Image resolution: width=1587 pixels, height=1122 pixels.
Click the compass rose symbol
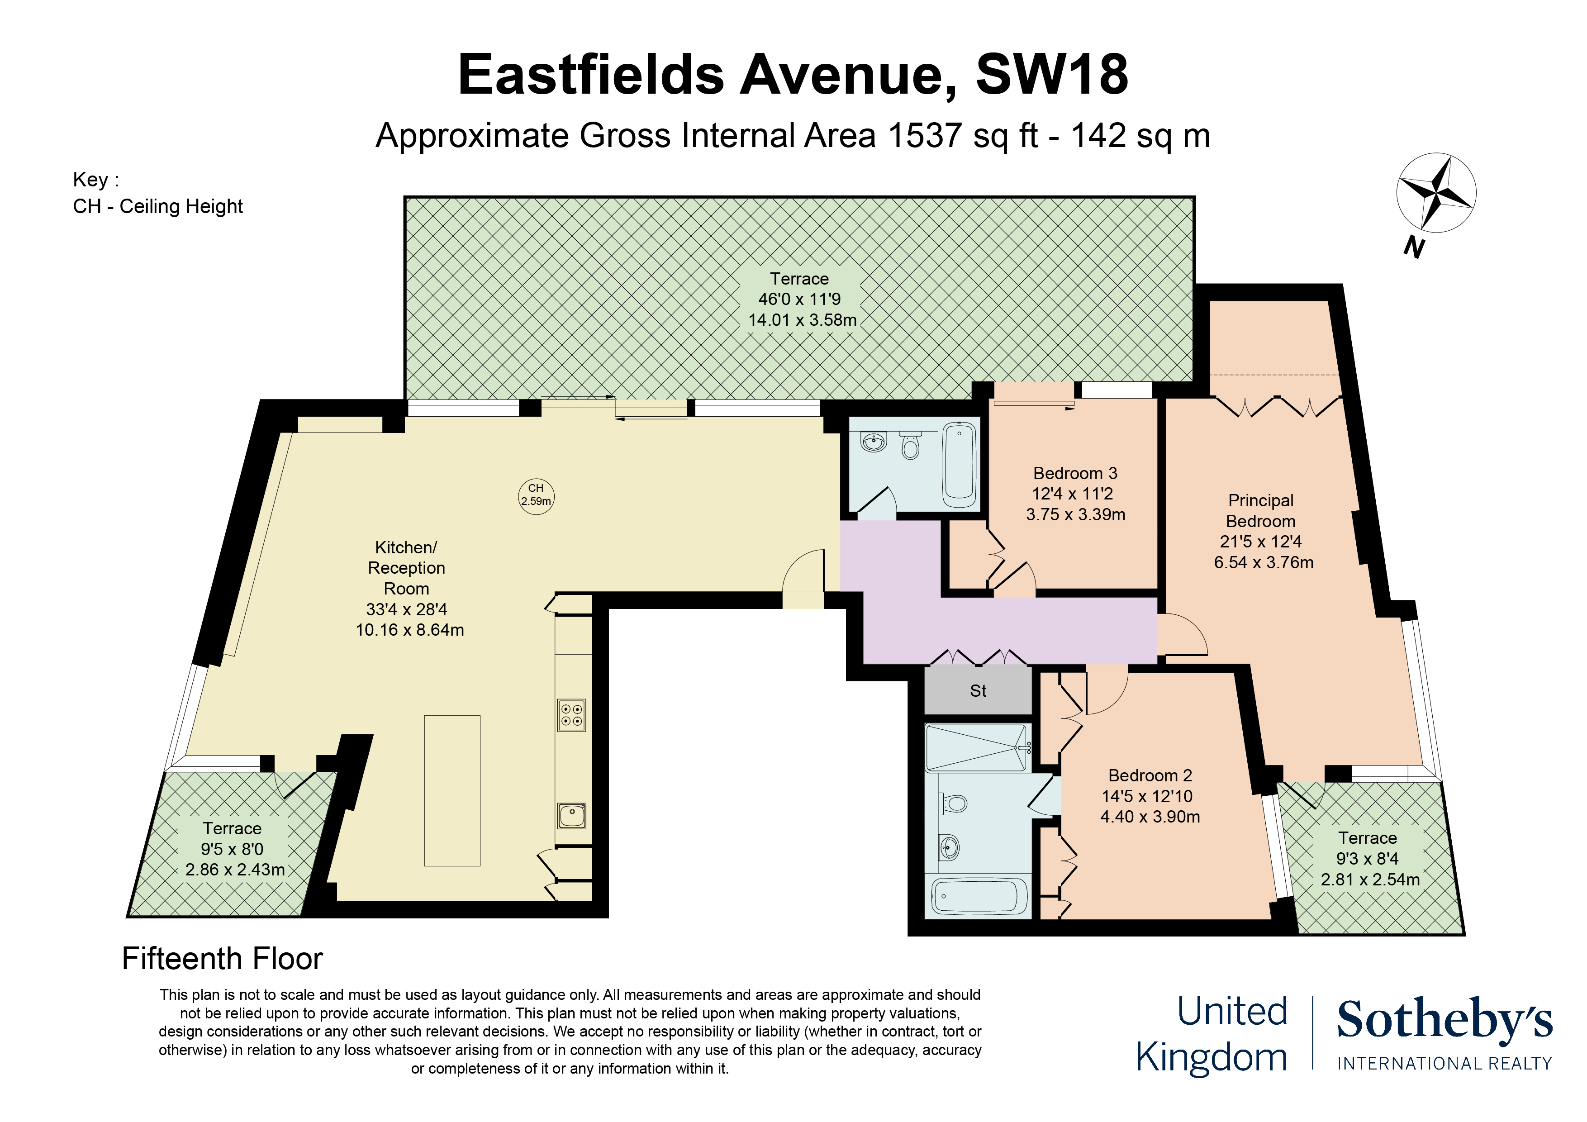pos(1435,192)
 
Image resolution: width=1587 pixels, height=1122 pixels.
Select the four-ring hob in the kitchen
pos(572,715)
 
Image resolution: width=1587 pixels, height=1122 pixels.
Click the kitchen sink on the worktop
pos(572,816)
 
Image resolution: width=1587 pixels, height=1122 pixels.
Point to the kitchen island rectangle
pos(452,790)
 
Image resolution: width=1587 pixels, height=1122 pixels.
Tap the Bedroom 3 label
pos(1075,474)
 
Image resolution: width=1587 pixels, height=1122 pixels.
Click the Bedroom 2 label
pos(1150,775)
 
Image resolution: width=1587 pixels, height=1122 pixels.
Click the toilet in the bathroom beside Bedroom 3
pos(911,447)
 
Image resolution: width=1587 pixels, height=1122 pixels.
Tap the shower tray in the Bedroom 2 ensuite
pos(977,748)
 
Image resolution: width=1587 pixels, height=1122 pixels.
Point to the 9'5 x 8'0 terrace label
pos(232,849)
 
